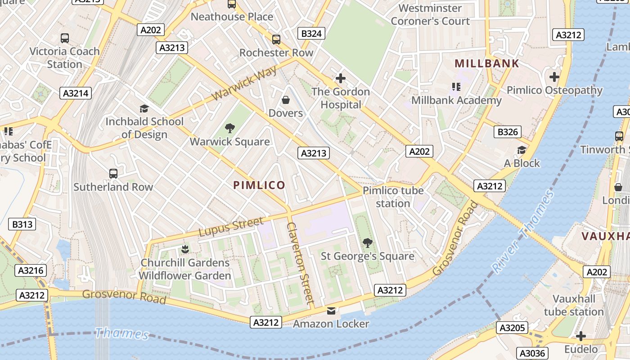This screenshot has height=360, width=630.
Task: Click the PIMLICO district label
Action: click(x=259, y=185)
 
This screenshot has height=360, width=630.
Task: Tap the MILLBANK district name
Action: click(x=487, y=63)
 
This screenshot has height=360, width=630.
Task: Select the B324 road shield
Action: click(x=311, y=33)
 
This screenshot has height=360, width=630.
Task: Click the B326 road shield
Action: click(x=508, y=132)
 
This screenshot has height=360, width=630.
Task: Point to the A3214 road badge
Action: click(x=76, y=93)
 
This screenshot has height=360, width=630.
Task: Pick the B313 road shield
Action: click(x=22, y=224)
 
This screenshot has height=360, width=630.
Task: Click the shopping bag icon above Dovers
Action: click(x=285, y=99)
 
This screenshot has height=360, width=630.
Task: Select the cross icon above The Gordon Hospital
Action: click(x=341, y=78)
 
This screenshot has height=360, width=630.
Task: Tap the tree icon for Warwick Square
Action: click(x=230, y=128)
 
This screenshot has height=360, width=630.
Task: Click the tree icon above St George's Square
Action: click(x=368, y=243)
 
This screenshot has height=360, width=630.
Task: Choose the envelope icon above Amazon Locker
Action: click(x=331, y=311)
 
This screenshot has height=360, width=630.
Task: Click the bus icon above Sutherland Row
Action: click(x=113, y=173)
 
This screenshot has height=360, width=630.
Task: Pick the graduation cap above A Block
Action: click(x=522, y=150)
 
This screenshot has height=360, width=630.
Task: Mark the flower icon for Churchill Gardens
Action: click(x=184, y=249)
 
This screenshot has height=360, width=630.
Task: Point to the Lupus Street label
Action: click(x=231, y=227)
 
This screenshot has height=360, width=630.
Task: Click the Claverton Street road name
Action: click(x=300, y=263)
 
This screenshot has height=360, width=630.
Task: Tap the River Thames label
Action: click(x=523, y=232)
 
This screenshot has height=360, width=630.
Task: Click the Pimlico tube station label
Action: click(x=393, y=197)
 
